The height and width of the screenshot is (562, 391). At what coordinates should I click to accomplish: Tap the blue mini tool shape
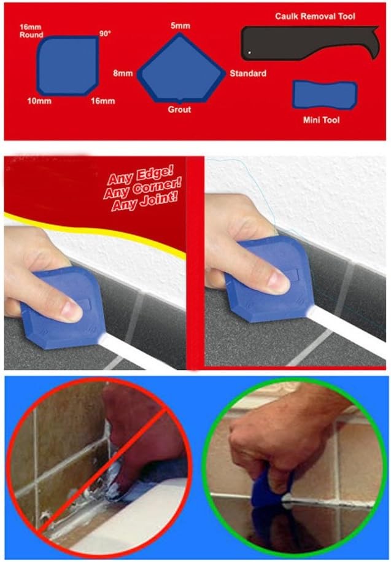point(325,95)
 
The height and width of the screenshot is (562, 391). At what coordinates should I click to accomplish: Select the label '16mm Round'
point(31,31)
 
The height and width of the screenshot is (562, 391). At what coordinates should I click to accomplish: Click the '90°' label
point(105,34)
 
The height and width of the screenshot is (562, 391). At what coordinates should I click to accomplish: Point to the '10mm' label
point(39,101)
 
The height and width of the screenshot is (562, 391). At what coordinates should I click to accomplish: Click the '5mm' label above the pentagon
point(180,26)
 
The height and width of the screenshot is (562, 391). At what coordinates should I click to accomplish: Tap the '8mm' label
point(123,74)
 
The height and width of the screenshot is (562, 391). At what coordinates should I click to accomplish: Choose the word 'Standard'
point(248,74)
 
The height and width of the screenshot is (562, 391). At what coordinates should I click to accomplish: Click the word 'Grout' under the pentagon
point(179,110)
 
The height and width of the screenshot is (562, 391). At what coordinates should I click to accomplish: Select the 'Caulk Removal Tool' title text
point(315,16)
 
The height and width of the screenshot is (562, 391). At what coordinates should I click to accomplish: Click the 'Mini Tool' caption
point(321,120)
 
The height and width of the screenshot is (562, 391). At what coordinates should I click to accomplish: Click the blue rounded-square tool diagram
point(68,66)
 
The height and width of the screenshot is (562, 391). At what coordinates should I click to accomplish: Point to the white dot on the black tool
point(250,53)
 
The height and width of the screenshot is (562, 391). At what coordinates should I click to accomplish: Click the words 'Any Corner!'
point(142,188)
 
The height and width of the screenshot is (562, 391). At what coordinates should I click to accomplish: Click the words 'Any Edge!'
point(141,175)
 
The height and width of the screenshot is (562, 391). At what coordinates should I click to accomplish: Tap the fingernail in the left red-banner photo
point(72,311)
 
